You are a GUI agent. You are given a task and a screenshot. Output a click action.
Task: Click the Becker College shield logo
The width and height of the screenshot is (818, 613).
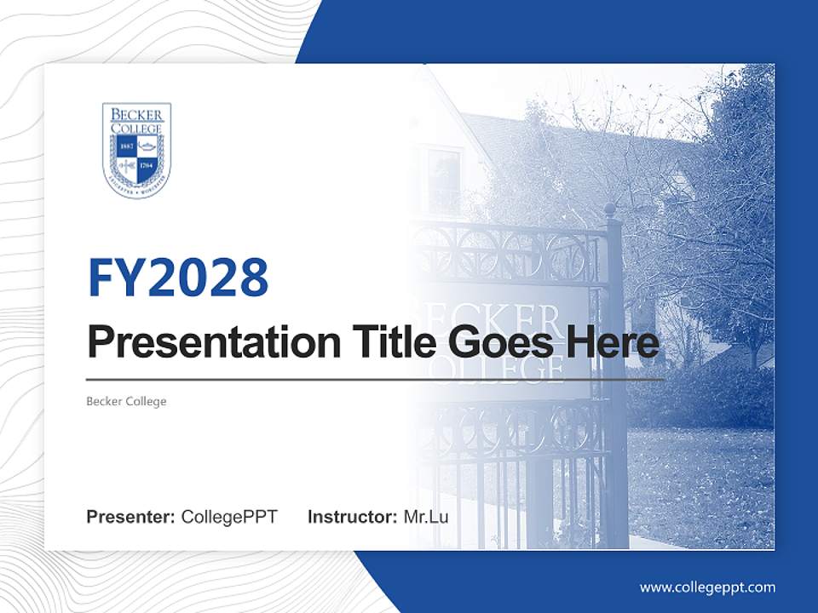coord(136,151)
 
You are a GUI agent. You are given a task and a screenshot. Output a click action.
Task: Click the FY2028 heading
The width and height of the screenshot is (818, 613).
coord(178,278)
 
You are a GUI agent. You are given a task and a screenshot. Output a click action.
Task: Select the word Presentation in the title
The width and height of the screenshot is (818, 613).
coord(202,344)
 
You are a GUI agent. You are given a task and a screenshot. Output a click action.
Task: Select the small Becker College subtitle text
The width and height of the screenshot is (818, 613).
coord(126,401)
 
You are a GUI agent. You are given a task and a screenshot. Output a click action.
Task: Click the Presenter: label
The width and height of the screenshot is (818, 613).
coord(131,517)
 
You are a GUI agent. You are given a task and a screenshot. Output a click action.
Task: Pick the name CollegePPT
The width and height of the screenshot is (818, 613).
coord(229,517)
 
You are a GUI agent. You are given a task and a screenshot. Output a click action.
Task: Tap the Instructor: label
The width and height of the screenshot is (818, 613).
coord(352,517)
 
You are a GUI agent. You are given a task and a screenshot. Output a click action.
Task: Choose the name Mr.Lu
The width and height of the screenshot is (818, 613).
coord(425,517)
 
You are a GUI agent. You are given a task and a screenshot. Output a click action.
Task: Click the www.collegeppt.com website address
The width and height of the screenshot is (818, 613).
coord(707,587)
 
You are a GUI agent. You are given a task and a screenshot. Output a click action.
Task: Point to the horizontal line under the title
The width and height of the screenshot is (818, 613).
coord(375,380)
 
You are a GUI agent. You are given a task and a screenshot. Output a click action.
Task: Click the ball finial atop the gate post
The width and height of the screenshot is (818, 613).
coord(610,209)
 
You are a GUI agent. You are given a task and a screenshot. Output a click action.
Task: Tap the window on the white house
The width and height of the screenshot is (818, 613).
coord(444,180)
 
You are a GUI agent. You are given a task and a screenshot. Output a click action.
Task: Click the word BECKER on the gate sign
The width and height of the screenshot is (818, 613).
coord(494,319)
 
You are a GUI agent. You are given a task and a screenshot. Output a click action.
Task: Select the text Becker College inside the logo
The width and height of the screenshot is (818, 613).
coord(136,120)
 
